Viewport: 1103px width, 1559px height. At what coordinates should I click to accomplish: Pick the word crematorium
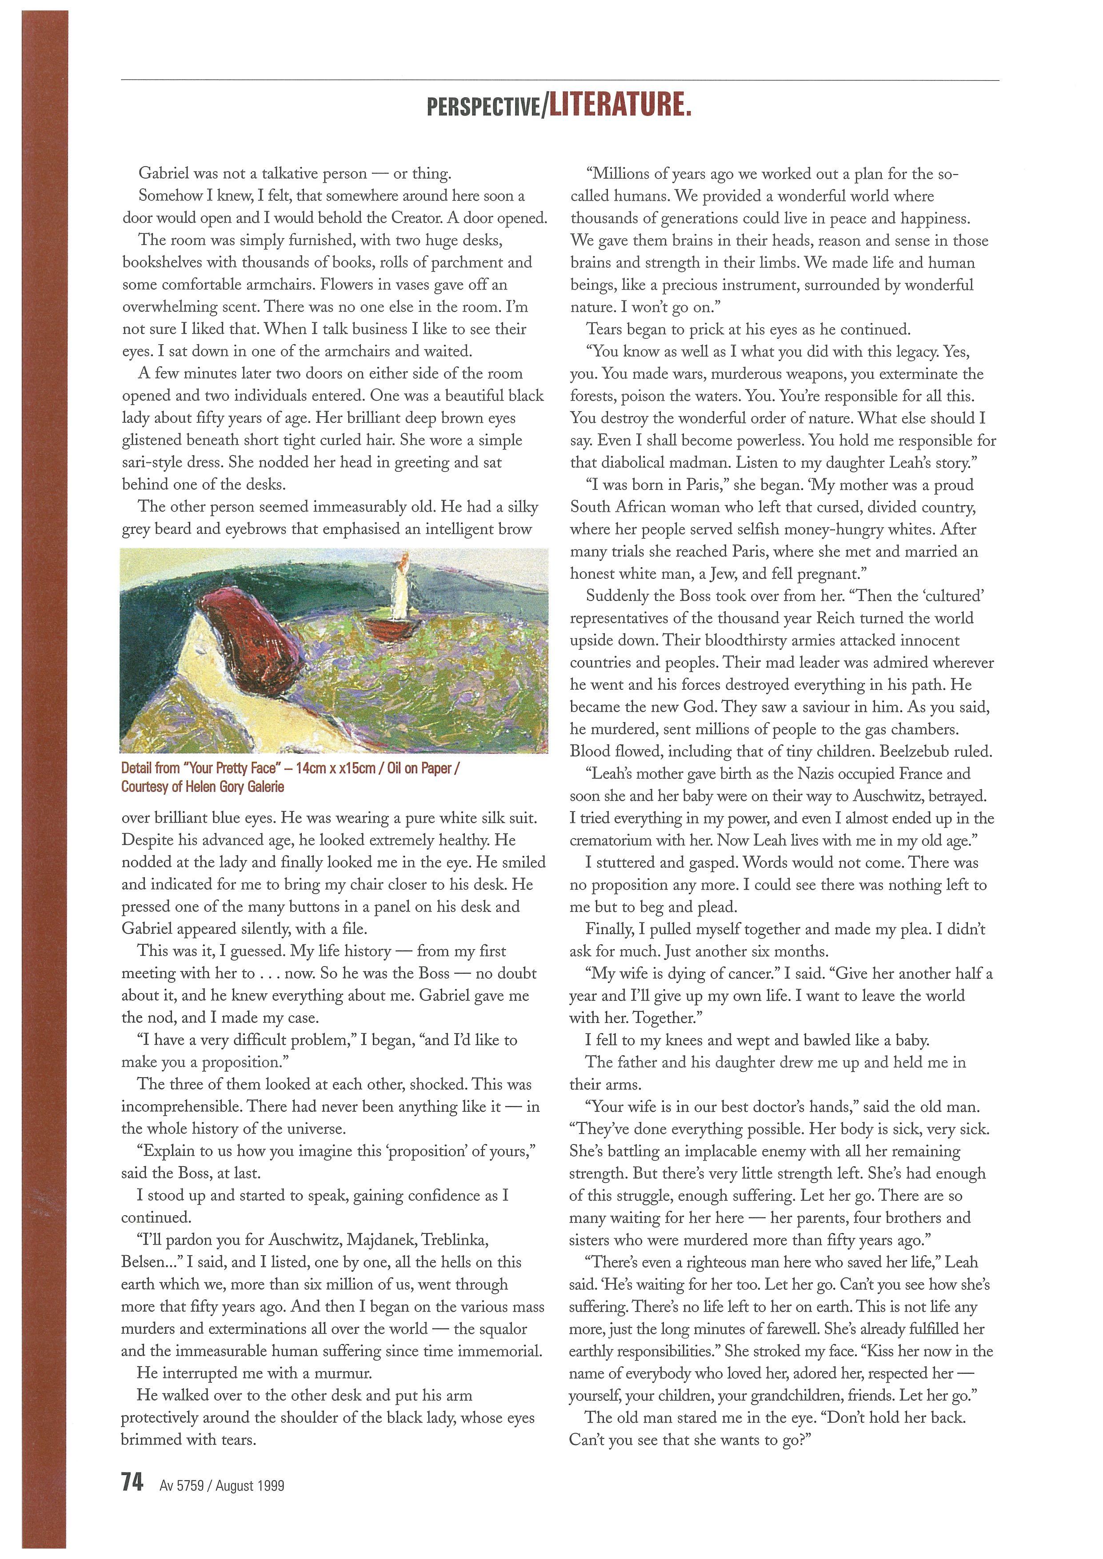coord(619,841)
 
